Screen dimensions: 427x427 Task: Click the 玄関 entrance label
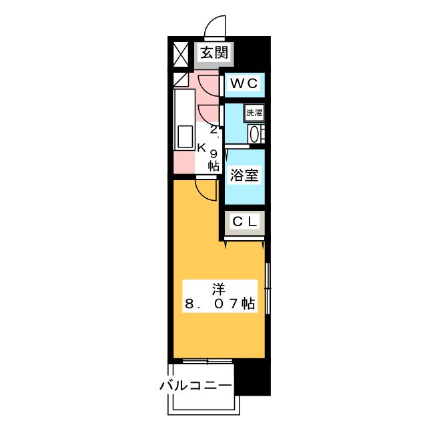[x=213, y=53]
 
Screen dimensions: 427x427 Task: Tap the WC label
[x=244, y=83]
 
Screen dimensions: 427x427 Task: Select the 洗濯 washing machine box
[x=254, y=113]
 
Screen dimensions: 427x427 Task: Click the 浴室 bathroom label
[x=244, y=175]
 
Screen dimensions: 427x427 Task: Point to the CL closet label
[x=245, y=222]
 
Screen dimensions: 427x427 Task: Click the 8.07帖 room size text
[x=220, y=304]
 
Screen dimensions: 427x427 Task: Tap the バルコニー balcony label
[x=195, y=386]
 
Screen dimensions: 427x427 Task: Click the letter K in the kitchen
[x=201, y=148]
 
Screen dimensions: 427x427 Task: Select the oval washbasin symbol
[x=254, y=134]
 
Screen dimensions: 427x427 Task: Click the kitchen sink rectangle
[x=185, y=137]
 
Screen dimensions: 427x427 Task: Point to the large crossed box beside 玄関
[x=181, y=55]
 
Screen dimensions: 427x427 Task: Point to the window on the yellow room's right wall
[x=268, y=288]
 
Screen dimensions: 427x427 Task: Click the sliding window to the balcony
[x=207, y=361]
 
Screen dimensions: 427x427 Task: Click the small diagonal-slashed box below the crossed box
[x=181, y=80]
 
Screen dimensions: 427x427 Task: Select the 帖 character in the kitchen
[x=213, y=166]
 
